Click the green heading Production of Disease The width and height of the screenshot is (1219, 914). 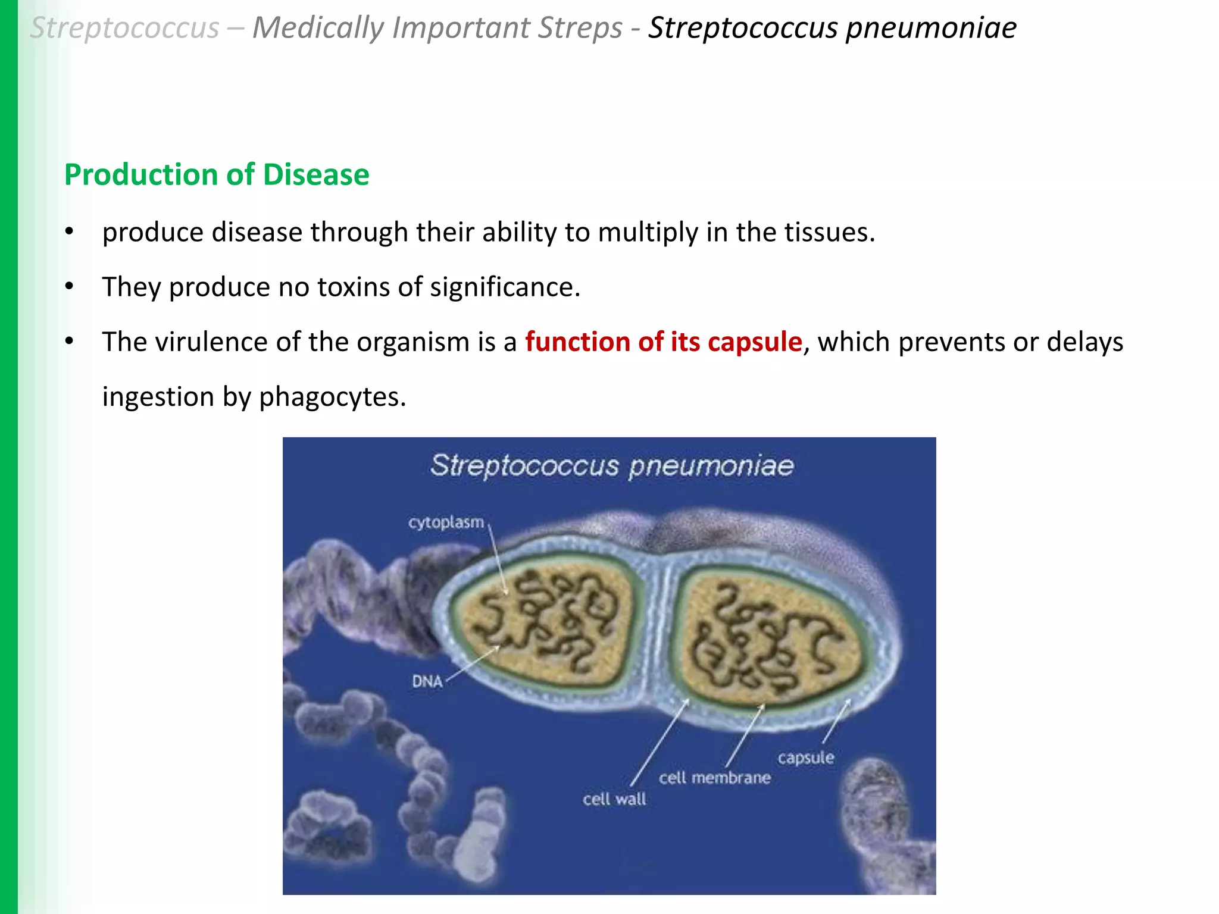(x=217, y=175)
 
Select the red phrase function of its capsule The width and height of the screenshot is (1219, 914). (x=663, y=342)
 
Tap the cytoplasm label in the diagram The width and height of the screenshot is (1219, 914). (x=446, y=522)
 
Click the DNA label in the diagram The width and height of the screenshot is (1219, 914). (x=427, y=681)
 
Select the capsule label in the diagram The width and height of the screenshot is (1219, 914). (x=805, y=758)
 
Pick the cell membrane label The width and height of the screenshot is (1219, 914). (x=714, y=778)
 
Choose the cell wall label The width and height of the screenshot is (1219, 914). (x=614, y=799)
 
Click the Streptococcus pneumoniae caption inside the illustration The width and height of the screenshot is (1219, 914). (x=612, y=465)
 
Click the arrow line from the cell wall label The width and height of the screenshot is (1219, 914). (x=659, y=744)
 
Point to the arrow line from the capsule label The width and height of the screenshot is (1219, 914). (x=836, y=722)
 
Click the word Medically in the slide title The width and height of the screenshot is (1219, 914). (x=318, y=29)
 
